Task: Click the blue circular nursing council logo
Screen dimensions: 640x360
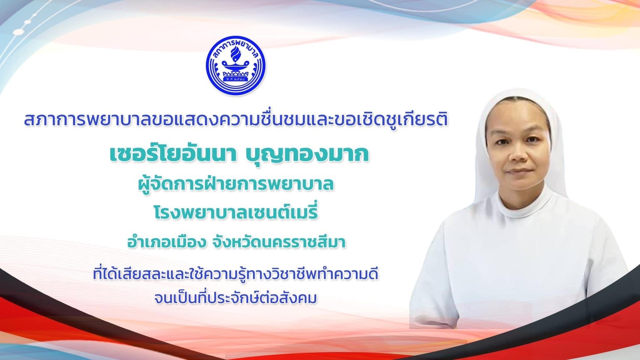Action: pyautogui.click(x=236, y=65)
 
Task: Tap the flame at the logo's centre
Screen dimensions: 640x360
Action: pyautogui.click(x=236, y=54)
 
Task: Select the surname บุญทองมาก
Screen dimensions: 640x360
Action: pyautogui.click(x=307, y=155)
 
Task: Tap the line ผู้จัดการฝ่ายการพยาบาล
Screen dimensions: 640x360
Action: pyautogui.click(x=236, y=184)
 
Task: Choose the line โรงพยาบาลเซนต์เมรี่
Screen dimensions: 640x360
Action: pyautogui.click(x=236, y=213)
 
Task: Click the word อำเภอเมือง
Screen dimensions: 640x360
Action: pyautogui.click(x=167, y=243)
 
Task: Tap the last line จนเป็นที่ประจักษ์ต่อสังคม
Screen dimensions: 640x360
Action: pyautogui.click(x=236, y=298)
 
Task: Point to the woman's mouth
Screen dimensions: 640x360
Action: pyautogui.click(x=518, y=171)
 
